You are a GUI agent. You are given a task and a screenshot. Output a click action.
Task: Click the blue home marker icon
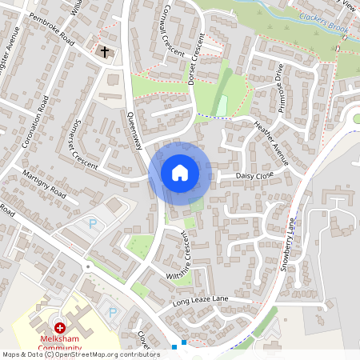(180, 173)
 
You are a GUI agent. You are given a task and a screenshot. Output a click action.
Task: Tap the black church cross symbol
(104, 52)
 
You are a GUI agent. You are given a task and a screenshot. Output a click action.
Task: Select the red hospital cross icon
(60, 328)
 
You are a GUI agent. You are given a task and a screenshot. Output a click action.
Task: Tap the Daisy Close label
(254, 175)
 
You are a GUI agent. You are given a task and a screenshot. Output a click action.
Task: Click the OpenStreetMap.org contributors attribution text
(104, 354)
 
